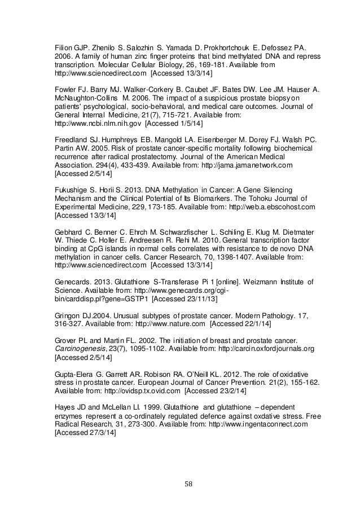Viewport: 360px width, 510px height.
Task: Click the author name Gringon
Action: point(67,316)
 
